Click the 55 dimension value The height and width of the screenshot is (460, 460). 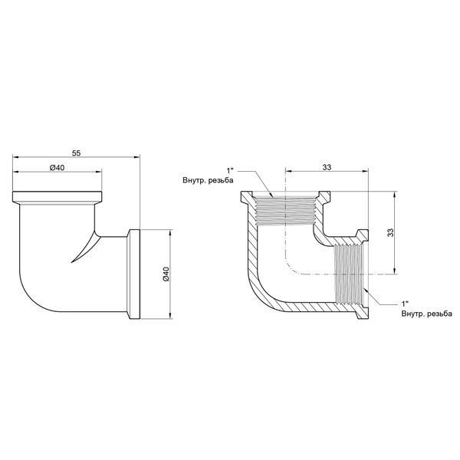coord(76,153)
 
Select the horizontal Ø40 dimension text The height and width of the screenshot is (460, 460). coord(58,167)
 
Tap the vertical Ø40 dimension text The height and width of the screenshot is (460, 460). coord(166,274)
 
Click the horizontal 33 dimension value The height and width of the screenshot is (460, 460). coord(327,167)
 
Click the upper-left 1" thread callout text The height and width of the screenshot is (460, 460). coord(230,170)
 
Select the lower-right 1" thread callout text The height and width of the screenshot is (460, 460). coord(405,304)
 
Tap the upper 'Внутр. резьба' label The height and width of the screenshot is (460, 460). coord(208,180)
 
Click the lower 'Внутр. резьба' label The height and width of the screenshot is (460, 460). coord(427,314)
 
